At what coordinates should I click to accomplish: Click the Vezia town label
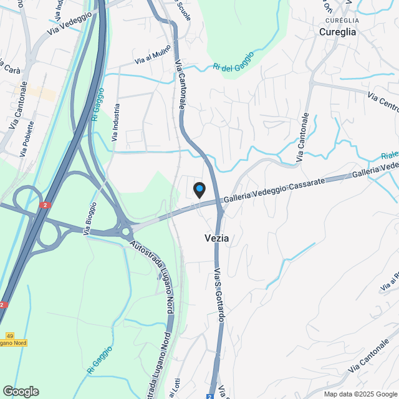[216, 238]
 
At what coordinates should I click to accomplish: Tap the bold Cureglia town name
[337, 32]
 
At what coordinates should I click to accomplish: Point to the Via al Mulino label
[153, 59]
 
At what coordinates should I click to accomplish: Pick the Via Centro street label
[382, 103]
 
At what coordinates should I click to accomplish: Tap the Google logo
[21, 392]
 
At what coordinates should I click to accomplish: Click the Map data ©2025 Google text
[360, 394]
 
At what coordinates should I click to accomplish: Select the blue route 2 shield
[210, 396]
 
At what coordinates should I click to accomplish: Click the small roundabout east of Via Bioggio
[125, 231]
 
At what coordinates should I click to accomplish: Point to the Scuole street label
[183, 11]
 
